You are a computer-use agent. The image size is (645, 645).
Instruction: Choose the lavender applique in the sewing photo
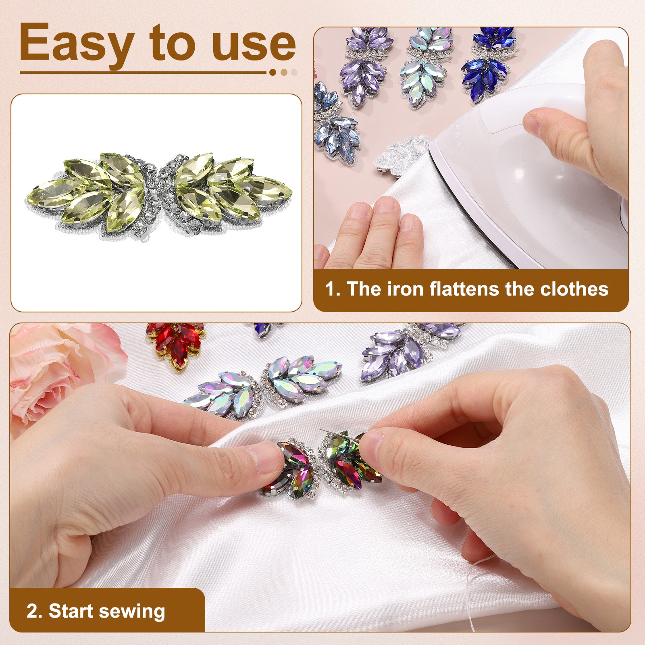pyautogui.click(x=415, y=347)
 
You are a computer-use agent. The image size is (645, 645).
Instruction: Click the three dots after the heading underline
pyautogui.click(x=284, y=73)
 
